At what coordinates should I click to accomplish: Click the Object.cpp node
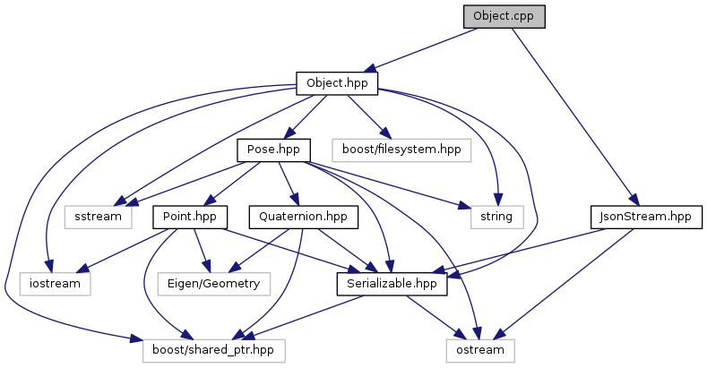pyautogui.click(x=504, y=16)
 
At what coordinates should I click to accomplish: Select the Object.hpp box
pyautogui.click(x=337, y=83)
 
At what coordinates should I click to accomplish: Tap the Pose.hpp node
pyautogui.click(x=273, y=150)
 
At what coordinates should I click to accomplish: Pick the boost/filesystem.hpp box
pyautogui.click(x=401, y=150)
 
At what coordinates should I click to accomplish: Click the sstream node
pyautogui.click(x=98, y=217)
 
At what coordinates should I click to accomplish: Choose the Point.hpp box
pyautogui.click(x=191, y=217)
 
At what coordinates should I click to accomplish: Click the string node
pyautogui.click(x=496, y=217)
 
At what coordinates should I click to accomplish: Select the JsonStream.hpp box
pyautogui.click(x=646, y=217)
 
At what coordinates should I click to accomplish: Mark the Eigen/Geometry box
pyautogui.click(x=208, y=284)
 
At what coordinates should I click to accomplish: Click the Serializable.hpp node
pyautogui.click(x=392, y=284)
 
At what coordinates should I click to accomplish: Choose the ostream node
pyautogui.click(x=482, y=350)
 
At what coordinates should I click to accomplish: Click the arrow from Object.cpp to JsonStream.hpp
pyautogui.click(x=573, y=116)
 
